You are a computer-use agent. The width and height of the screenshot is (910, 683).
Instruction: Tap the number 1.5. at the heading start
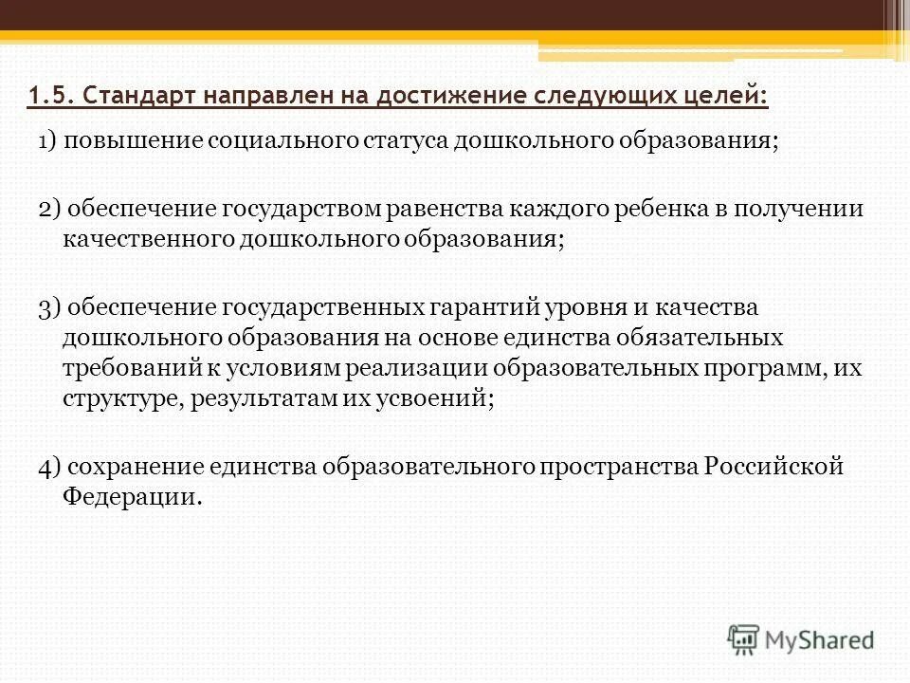click(x=49, y=95)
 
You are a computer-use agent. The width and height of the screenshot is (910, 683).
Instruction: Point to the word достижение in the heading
click(x=449, y=95)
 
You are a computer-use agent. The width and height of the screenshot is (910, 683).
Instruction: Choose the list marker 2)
click(x=48, y=210)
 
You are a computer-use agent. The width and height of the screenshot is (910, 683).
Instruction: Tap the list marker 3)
click(x=48, y=307)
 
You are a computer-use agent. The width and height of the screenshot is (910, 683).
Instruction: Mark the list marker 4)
click(x=50, y=467)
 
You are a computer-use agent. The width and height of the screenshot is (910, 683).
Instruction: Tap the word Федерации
click(x=132, y=497)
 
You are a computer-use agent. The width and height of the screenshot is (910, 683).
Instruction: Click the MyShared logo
click(x=801, y=639)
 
